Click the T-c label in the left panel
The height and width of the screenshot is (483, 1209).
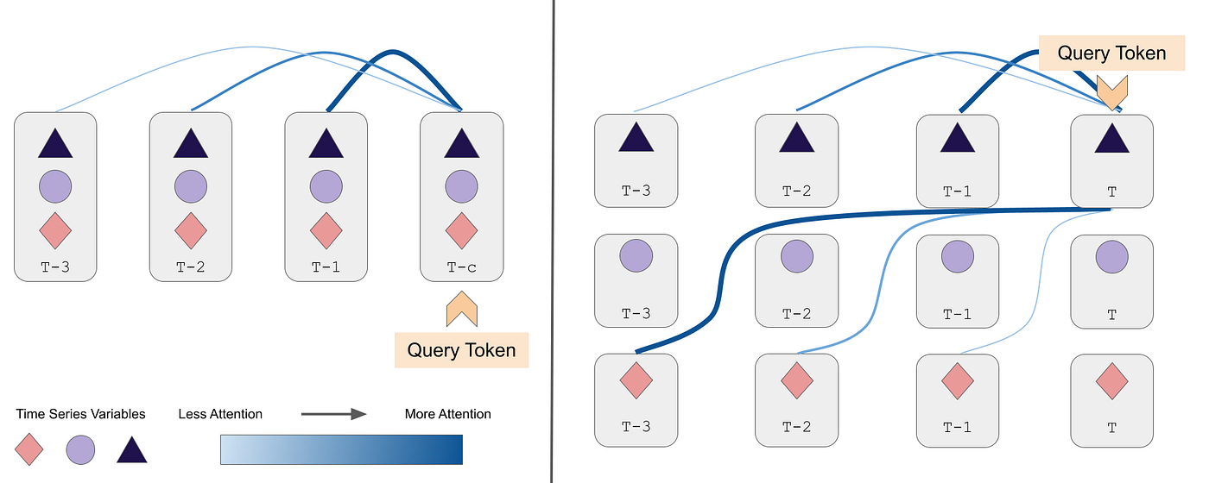click(461, 267)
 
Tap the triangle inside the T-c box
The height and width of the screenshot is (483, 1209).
click(461, 144)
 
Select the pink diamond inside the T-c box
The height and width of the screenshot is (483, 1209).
click(461, 230)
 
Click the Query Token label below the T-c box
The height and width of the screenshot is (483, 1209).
click(461, 350)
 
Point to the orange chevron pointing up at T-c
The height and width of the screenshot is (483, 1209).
click(462, 309)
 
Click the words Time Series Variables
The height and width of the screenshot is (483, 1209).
click(81, 414)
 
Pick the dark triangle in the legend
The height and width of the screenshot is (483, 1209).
click(131, 449)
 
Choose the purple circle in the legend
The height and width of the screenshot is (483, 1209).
click(81, 449)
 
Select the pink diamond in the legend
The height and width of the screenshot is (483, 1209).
click(30, 449)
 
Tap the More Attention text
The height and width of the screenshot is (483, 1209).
click(447, 414)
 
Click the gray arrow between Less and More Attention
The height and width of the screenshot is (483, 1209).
click(333, 414)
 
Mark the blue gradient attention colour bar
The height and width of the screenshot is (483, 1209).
click(341, 449)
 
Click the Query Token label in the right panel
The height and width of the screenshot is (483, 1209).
click(1111, 53)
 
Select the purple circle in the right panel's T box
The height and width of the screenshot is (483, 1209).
click(1111, 257)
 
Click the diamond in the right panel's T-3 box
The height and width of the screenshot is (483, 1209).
click(636, 380)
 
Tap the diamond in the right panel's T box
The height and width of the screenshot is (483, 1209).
click(1111, 380)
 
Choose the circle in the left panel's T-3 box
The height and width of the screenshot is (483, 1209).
click(55, 185)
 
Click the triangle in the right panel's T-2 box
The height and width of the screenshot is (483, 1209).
click(796, 137)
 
